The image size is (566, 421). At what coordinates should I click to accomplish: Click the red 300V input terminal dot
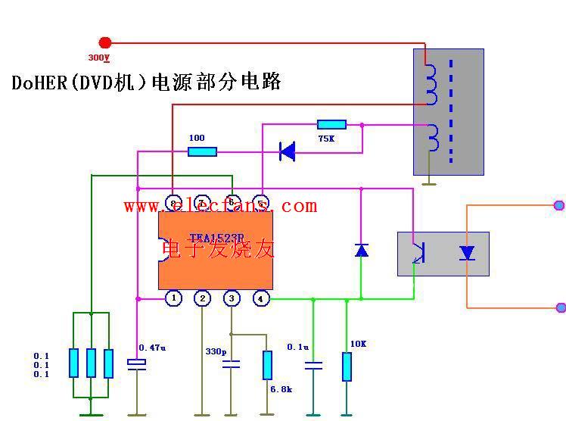(x=105, y=42)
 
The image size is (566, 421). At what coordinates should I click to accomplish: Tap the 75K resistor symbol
(x=331, y=124)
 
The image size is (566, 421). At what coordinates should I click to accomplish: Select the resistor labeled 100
(x=202, y=151)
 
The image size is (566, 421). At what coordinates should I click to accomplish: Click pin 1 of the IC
(x=174, y=298)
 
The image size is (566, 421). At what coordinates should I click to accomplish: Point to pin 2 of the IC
(x=202, y=298)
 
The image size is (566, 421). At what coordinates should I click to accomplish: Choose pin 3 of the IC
(x=232, y=298)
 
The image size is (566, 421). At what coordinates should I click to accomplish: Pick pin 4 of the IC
(x=260, y=298)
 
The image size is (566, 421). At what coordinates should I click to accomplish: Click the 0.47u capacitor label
(x=151, y=348)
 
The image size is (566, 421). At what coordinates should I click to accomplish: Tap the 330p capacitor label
(x=216, y=351)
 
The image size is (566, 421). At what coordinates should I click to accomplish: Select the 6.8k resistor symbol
(x=267, y=365)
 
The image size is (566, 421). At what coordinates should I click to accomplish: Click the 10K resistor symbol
(x=347, y=366)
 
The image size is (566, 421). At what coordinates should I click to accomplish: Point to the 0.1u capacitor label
(x=298, y=347)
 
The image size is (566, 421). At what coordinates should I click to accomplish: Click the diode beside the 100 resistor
(x=287, y=151)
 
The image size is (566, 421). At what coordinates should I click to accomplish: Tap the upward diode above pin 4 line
(x=362, y=249)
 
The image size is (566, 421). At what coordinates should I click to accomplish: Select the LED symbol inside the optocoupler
(x=467, y=253)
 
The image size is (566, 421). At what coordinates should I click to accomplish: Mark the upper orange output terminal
(x=559, y=204)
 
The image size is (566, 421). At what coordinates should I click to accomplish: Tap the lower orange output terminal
(x=561, y=307)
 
